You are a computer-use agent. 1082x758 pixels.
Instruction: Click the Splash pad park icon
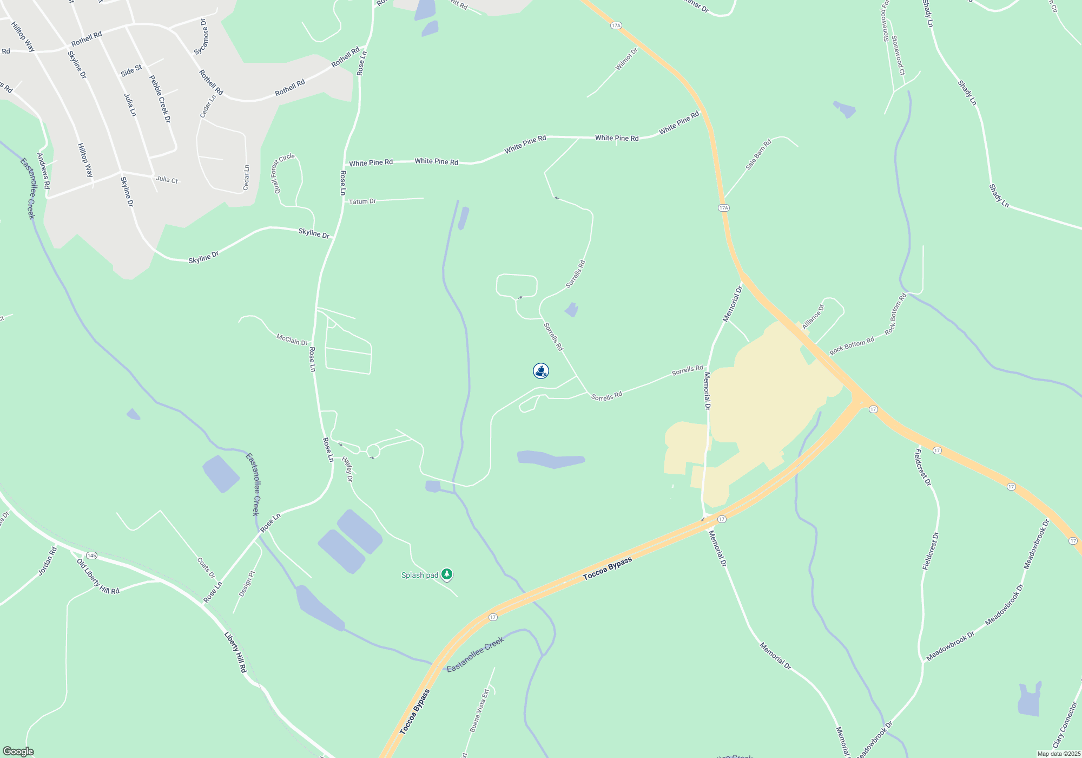[447, 574]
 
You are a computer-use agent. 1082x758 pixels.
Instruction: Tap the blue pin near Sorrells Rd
[541, 371]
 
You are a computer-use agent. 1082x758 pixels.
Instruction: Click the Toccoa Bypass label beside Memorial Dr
[608, 569]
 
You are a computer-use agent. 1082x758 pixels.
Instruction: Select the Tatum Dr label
[362, 201]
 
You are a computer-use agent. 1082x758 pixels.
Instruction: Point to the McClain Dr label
[292, 340]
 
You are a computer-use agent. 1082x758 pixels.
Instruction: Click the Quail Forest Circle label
[283, 173]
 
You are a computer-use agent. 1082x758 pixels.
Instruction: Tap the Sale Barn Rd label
[758, 155]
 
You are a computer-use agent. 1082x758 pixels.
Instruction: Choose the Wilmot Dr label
[626, 59]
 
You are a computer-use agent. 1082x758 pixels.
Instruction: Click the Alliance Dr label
[813, 317]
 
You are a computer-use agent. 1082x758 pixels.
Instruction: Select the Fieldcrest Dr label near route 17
[922, 467]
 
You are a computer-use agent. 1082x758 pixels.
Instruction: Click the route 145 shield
[91, 556]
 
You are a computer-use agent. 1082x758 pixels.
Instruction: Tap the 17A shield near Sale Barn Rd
[724, 208]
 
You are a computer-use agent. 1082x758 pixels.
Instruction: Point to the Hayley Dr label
[347, 469]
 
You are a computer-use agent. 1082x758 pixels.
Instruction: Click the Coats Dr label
[206, 568]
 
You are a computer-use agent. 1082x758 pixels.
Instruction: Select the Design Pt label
[246, 584]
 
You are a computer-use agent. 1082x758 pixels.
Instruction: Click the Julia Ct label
[167, 179]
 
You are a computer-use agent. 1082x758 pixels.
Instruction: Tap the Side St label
[131, 70]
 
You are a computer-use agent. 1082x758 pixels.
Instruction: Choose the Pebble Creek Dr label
[160, 99]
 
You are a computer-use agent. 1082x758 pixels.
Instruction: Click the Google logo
[18, 752]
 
